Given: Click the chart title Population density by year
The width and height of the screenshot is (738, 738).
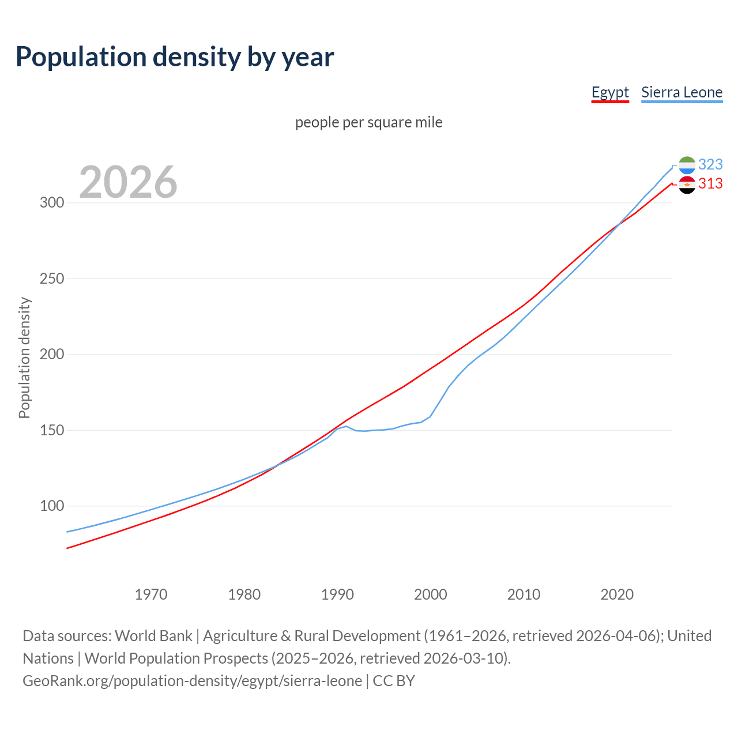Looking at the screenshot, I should (175, 57).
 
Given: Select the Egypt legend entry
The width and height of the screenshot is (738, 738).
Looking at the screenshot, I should (610, 92).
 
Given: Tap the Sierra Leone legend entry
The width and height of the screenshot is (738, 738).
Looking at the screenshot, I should (681, 92).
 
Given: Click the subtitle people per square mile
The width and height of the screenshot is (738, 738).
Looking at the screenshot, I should (369, 122).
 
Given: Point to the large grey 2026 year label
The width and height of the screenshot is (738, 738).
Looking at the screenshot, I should (128, 182).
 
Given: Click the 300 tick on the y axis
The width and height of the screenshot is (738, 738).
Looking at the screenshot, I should (51, 203).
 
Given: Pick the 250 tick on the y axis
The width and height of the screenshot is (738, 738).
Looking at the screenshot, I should (51, 279).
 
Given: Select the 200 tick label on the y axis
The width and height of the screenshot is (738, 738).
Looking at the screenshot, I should (51, 355).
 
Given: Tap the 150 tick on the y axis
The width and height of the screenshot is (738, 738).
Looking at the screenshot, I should (51, 431).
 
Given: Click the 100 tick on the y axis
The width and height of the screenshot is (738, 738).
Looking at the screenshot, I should (51, 506).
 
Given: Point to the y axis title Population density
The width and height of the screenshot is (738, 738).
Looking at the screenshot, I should (24, 357).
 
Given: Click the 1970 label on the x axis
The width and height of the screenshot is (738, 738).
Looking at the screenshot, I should (151, 594).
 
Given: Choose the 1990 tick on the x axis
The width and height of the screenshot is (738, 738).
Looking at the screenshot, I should (337, 594).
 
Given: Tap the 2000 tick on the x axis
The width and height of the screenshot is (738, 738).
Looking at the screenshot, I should (431, 594).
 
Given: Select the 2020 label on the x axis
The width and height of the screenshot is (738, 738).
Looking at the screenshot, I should (617, 594).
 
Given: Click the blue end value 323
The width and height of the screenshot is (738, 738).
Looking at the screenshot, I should (710, 165).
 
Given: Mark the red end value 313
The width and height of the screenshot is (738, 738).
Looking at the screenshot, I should (710, 184).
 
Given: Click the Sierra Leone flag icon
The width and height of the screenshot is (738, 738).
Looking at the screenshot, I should (687, 165).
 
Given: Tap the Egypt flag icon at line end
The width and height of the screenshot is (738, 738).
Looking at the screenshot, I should (687, 184).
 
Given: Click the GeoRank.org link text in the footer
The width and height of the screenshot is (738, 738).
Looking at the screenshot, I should (193, 681).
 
